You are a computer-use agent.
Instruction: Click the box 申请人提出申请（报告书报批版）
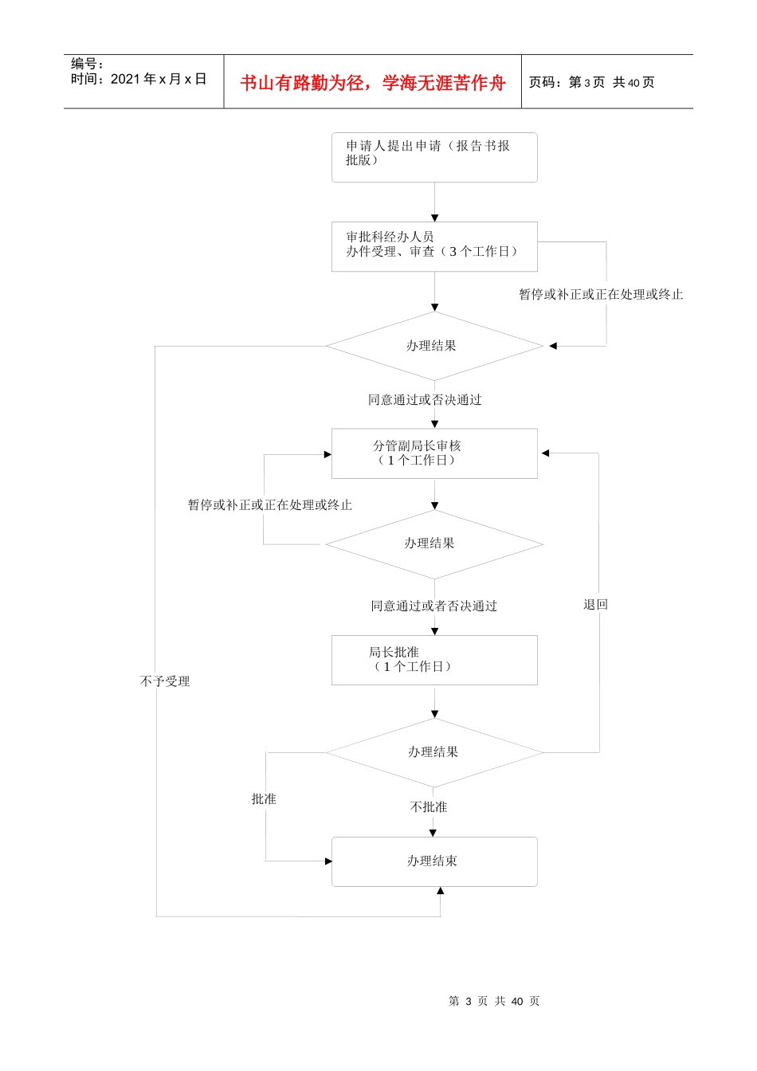tap(434, 157)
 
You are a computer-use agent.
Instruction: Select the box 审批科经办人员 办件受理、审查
tap(434, 246)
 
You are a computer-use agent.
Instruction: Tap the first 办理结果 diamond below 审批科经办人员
tap(434, 346)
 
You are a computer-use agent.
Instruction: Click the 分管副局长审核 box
tap(434, 453)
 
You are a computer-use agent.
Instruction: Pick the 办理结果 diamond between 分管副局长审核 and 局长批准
tap(434, 544)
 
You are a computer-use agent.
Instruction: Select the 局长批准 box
tap(434, 660)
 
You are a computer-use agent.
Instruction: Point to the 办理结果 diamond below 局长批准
tap(434, 752)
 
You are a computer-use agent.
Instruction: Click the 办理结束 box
tap(434, 861)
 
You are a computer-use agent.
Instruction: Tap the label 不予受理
tap(165, 681)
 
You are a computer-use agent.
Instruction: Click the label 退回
tap(595, 605)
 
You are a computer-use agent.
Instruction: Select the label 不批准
tap(429, 807)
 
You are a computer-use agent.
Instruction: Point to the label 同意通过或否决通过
tap(425, 400)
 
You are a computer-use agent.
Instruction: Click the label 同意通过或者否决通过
tap(433, 606)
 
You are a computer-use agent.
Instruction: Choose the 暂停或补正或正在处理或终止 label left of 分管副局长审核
tap(269, 505)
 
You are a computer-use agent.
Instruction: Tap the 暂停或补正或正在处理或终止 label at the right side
tap(601, 295)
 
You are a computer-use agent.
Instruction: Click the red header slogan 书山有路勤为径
tap(373, 83)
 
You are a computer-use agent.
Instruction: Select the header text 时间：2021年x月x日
tap(139, 79)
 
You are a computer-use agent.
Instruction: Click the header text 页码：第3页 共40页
tap(591, 83)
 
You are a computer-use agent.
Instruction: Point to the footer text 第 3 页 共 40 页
tap(494, 1002)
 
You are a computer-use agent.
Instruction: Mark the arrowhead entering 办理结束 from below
tap(440, 891)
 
